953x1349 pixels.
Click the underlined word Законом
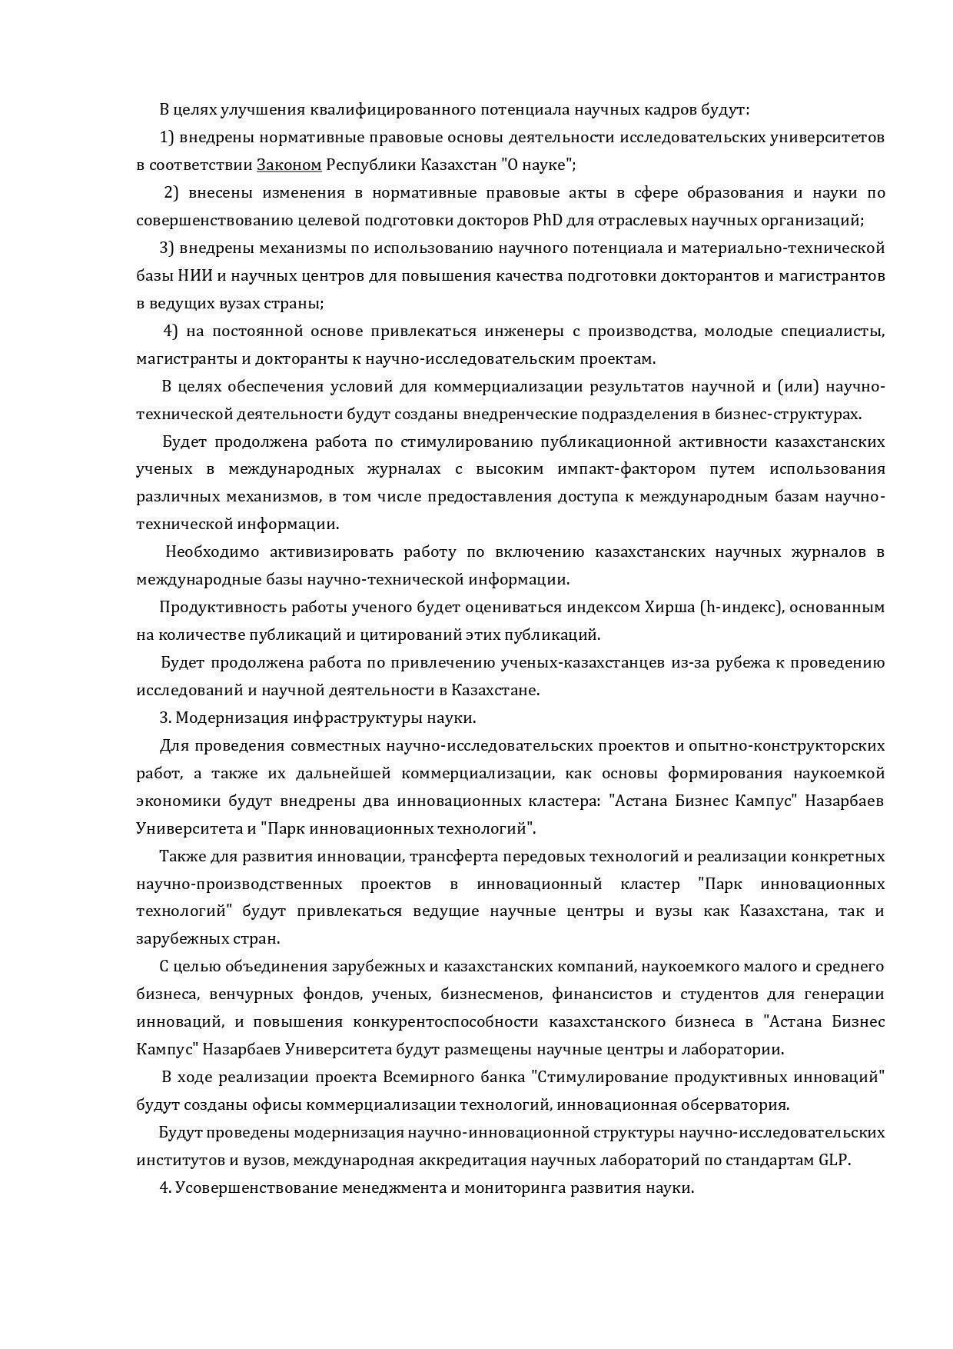[x=289, y=165]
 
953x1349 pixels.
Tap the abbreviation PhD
[x=547, y=221]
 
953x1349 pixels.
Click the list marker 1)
[x=168, y=138]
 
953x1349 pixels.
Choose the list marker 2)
[x=171, y=193]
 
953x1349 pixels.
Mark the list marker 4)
[x=171, y=331]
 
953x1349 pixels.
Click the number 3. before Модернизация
[x=164, y=718]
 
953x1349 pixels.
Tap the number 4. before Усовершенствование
[x=164, y=1188]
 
